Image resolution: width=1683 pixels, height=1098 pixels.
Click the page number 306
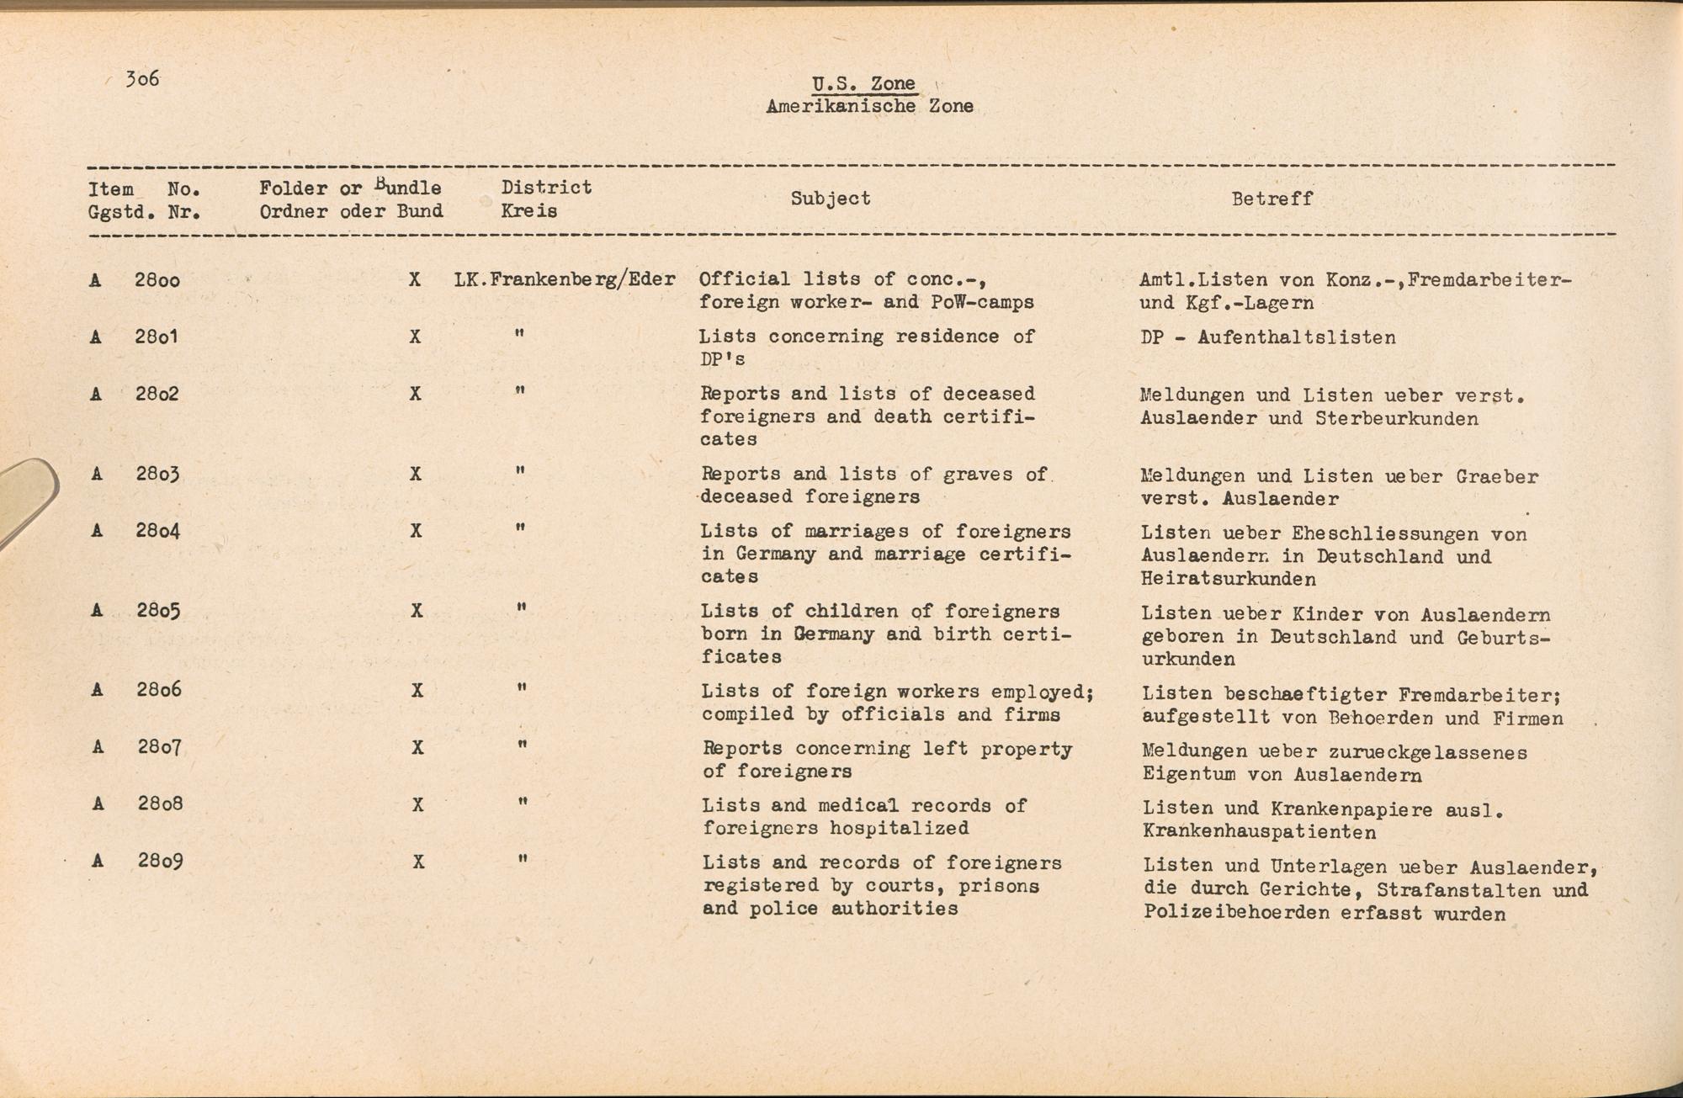[142, 79]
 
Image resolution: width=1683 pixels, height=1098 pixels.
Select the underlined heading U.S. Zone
[863, 83]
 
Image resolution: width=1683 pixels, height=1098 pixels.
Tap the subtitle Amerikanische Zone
[869, 106]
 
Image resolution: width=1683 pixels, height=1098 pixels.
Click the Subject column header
[830, 199]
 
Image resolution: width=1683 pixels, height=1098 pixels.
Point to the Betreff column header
[1272, 199]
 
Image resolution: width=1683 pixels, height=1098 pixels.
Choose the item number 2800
[157, 279]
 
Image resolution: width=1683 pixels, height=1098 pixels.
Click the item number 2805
[159, 611]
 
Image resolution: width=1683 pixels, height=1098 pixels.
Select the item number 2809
[161, 862]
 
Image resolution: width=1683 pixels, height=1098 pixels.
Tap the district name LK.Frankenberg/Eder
[565, 279]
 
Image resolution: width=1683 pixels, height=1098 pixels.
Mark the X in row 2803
[416, 474]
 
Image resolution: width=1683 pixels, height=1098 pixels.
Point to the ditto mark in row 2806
[523, 688]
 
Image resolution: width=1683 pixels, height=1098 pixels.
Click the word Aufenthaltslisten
[1296, 338]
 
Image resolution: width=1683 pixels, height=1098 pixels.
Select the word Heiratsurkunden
[1229, 579]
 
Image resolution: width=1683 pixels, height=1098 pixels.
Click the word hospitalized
[899, 828]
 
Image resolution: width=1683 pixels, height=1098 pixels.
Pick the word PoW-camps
[982, 302]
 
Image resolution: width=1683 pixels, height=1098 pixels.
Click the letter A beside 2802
[96, 394]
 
